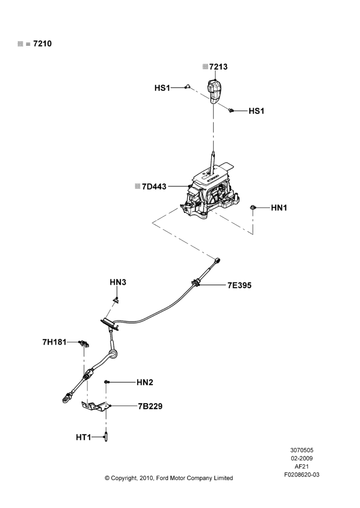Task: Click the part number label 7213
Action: (218, 67)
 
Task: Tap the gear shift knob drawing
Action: (214, 91)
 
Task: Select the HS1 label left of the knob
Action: (162, 88)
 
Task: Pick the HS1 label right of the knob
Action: (257, 111)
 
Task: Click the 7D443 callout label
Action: (154, 186)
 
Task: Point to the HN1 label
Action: (279, 208)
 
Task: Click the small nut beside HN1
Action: (253, 207)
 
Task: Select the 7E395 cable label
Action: (239, 285)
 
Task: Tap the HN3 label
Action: (118, 282)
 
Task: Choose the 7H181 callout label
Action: (54, 342)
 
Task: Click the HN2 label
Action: (144, 383)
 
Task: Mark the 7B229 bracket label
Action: (150, 406)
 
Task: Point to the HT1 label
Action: (83, 437)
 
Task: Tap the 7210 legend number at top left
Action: (43, 44)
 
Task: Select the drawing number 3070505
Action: (302, 450)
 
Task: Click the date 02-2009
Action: (302, 458)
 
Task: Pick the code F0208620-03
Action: (302, 474)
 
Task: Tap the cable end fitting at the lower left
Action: (67, 397)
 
